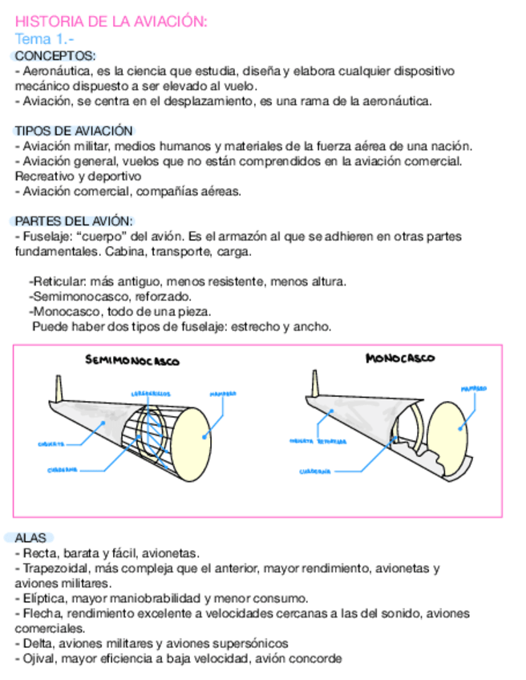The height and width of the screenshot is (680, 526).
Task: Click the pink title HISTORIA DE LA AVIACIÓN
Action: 111,22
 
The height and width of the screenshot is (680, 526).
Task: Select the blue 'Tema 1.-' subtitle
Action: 45,39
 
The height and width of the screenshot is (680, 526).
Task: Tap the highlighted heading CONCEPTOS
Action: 55,56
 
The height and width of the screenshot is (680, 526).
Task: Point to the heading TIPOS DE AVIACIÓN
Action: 74,131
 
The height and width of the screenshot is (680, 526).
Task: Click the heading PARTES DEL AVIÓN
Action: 75,221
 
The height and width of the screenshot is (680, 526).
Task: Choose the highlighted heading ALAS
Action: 30,538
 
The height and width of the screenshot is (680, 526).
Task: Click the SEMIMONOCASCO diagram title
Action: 132,361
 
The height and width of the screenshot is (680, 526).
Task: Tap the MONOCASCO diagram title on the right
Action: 400,358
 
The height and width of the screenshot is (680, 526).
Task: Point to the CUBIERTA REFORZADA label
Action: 318,441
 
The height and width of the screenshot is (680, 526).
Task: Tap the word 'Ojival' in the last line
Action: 38,659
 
